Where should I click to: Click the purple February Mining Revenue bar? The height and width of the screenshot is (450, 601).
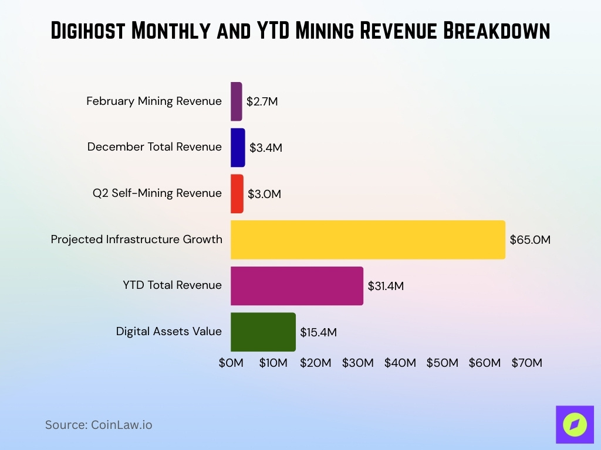(x=236, y=101)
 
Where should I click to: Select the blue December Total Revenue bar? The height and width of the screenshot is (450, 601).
(x=238, y=147)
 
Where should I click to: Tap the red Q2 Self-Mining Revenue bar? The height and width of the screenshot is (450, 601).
(x=237, y=193)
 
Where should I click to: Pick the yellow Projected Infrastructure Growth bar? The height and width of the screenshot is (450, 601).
(x=367, y=240)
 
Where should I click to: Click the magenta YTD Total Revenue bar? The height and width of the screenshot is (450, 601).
(x=296, y=285)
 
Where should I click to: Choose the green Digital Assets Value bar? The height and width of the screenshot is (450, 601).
(x=263, y=332)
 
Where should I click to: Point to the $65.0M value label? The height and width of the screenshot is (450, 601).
(x=530, y=240)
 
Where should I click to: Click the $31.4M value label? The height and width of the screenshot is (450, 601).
(x=386, y=286)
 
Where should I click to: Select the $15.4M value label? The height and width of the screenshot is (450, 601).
(x=318, y=332)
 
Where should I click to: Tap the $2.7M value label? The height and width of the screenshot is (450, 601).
(x=262, y=101)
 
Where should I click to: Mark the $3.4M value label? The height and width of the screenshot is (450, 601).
(x=265, y=148)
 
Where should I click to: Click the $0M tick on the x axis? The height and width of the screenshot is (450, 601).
(x=231, y=363)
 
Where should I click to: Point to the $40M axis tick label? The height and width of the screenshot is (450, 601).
(x=400, y=363)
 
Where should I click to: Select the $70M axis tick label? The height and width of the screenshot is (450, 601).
(x=526, y=363)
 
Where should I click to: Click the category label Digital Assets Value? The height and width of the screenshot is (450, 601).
(x=168, y=332)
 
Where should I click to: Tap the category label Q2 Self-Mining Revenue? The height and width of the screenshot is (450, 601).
(x=157, y=193)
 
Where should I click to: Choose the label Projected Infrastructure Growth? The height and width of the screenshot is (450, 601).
(x=136, y=240)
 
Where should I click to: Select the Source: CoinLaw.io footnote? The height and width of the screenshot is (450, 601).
(x=99, y=425)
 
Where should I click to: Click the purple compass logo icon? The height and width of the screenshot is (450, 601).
(x=574, y=424)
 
